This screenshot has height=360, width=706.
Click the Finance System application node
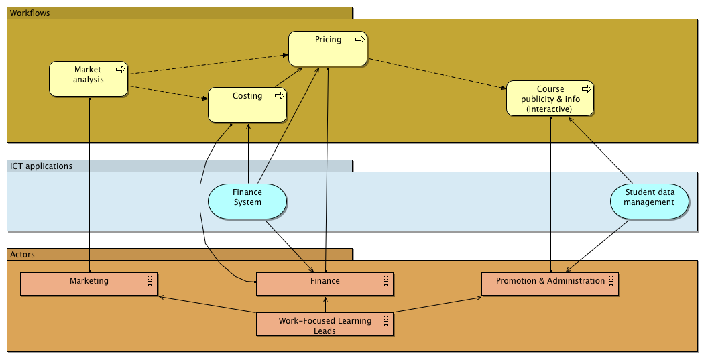[247, 201]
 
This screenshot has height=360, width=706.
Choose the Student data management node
[649, 201]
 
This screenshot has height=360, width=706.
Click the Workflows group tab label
[30, 13]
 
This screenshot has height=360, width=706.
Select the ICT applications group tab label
[41, 166]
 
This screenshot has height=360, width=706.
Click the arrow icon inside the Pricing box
[360, 40]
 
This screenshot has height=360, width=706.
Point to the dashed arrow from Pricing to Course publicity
[436, 73]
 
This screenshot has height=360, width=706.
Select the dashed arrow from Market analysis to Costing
[168, 93]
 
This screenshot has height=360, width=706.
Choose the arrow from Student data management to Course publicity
[601, 150]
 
